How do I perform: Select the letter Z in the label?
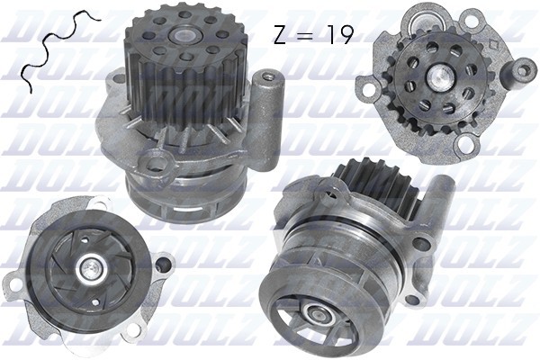(x=281, y=34)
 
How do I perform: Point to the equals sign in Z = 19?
(x=306, y=35)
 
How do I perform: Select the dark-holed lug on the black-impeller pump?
(x=161, y=265)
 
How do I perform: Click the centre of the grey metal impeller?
(x=315, y=314)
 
